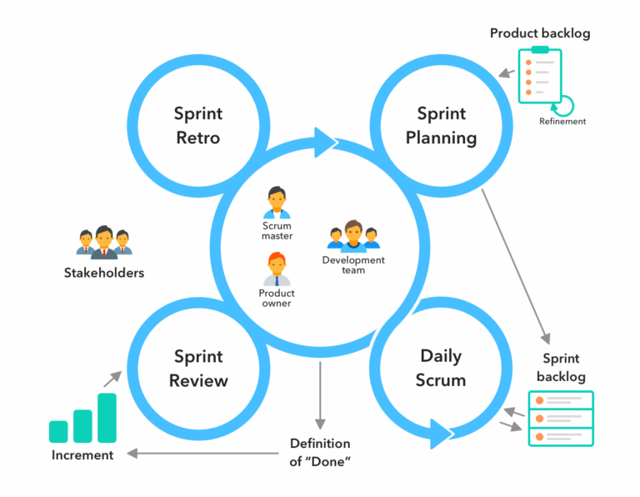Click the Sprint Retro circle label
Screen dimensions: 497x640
[197, 125]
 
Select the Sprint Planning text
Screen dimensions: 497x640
[441, 125]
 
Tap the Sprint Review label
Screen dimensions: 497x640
[197, 369]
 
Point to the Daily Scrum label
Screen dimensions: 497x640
[441, 368]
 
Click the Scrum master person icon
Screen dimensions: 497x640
[277, 203]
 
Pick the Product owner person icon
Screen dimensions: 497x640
[277, 269]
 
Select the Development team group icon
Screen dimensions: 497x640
[353, 236]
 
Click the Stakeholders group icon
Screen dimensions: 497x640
[104, 242]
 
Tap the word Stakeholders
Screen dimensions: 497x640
[104, 273]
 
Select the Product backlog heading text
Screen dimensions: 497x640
[539, 33]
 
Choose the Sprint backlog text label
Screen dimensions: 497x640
[560, 367]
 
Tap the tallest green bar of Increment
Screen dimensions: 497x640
[107, 418]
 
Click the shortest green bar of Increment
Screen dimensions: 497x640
[58, 431]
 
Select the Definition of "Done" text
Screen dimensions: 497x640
[319, 452]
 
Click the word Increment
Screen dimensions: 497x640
[82, 455]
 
